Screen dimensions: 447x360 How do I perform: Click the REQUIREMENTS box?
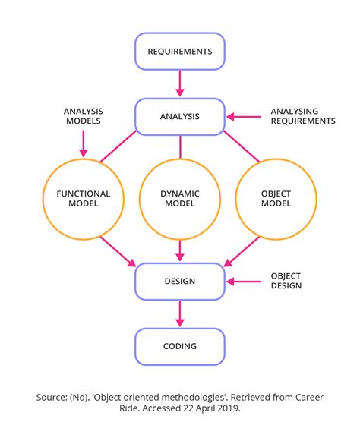180,52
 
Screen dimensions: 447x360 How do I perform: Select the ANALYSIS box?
180,117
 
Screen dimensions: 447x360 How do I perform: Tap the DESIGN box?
180,281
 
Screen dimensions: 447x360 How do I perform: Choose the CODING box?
180,346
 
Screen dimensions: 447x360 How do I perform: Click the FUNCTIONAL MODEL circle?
84,199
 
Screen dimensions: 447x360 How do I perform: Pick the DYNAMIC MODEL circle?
180,199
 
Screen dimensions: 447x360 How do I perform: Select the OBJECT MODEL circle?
276,199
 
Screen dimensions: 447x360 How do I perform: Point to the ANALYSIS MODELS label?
84,116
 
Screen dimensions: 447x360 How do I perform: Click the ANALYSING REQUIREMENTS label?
302,116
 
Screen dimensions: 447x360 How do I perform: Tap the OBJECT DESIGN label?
286,281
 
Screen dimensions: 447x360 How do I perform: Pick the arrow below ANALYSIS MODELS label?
84,143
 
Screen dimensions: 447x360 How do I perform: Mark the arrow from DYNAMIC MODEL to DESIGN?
180,250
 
